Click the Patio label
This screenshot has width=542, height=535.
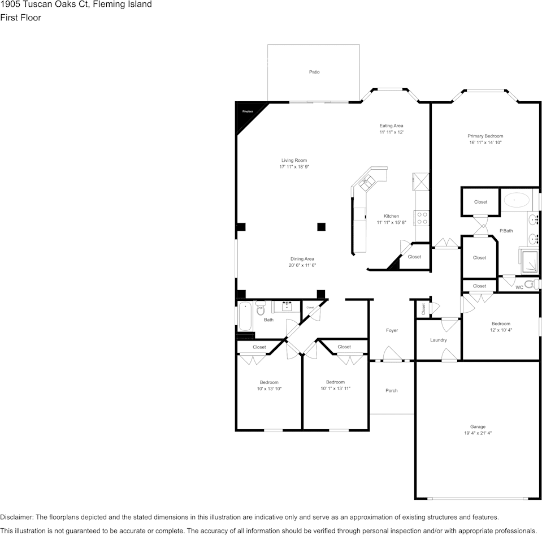tap(314, 72)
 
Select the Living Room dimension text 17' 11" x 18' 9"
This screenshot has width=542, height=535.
tap(294, 167)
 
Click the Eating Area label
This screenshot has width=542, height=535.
tap(391, 126)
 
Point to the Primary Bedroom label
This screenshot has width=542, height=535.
tap(485, 136)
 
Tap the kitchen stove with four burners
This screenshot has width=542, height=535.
tap(422, 218)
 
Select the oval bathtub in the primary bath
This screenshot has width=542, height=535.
tap(517, 200)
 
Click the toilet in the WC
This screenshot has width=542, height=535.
tap(530, 284)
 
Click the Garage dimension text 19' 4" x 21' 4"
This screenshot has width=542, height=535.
tap(478, 433)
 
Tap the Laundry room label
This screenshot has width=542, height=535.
tap(439, 340)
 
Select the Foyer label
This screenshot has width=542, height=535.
tap(392, 330)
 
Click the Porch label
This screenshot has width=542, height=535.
tap(391, 390)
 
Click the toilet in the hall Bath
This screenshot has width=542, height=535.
tap(261, 309)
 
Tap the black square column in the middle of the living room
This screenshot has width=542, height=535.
tap(321, 227)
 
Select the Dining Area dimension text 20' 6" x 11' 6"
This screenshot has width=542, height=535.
tap(302, 265)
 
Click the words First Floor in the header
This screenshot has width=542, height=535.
tap(20, 18)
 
